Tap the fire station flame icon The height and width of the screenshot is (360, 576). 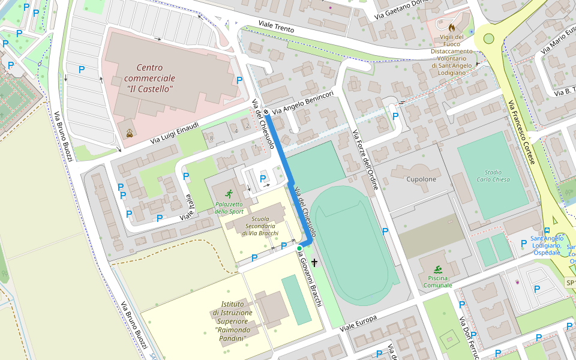pos(452,28)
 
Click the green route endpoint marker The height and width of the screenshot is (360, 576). pos(299,248)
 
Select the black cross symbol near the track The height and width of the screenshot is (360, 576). pos(314,263)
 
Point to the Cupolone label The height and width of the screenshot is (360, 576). pos(421,179)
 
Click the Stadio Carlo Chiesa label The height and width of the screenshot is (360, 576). pos(493,175)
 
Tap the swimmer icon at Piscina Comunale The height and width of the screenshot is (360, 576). pos(438,269)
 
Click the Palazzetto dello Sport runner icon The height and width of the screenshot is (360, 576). pos(229,194)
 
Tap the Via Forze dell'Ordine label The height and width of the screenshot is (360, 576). pos(365,159)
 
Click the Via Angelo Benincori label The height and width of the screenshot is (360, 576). pos(302,103)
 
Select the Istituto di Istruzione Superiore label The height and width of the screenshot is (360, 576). pos(232,321)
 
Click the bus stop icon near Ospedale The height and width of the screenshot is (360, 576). pos(547,230)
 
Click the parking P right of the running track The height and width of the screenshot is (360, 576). pos(385,231)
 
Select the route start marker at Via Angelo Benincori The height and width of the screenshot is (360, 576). pos(266,112)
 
